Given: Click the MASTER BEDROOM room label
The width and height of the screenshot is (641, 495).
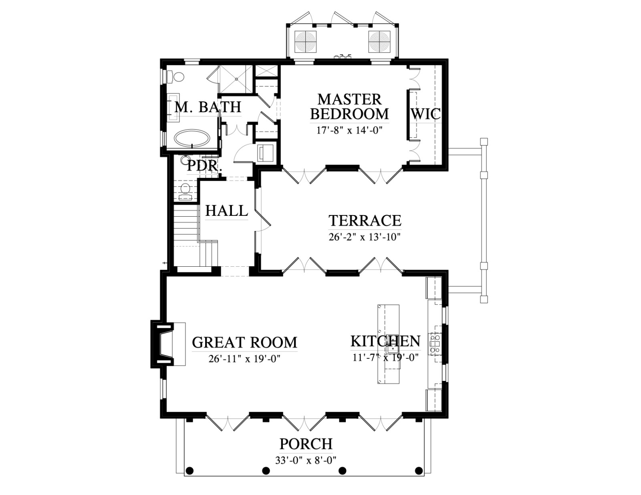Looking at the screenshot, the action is tap(350, 107).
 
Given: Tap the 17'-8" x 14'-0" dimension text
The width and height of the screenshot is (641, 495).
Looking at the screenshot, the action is tap(349, 130).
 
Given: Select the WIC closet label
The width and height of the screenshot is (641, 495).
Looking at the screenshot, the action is tap(425, 113).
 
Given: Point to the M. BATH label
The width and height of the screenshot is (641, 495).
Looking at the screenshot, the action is tap(208, 107).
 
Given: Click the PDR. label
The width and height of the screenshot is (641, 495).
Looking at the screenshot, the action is tap(205, 166).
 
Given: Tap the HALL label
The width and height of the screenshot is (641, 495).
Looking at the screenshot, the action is tap(226, 211).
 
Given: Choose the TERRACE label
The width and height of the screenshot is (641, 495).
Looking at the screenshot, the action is tap(365, 220).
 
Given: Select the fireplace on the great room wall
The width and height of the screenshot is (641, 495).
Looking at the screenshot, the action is tap(162, 344).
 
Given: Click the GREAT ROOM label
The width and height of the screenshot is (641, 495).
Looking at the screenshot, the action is tap(244, 342).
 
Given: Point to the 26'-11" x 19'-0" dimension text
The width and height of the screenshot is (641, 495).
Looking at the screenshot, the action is tap(244, 359).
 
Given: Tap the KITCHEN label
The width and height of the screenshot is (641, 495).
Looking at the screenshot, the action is tap(385, 341).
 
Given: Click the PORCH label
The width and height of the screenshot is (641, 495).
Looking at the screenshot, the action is tap(306, 444).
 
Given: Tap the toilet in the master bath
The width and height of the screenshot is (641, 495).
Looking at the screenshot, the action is tap(176, 78).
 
